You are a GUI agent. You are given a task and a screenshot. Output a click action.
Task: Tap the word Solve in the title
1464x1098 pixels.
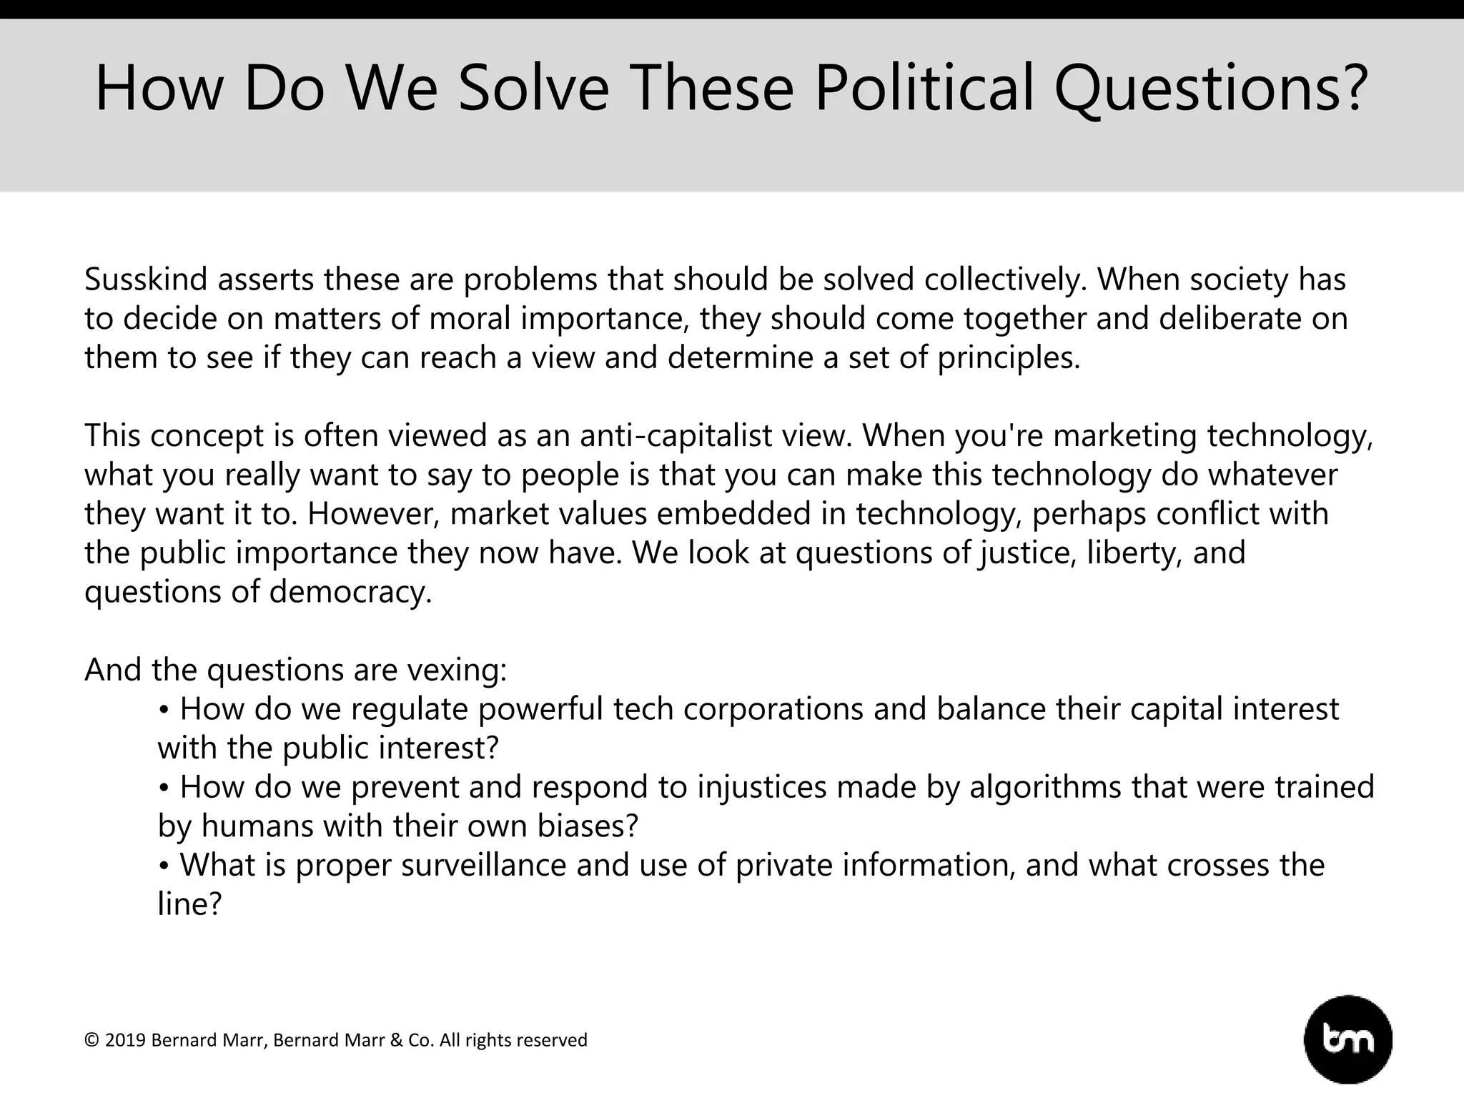pos(533,89)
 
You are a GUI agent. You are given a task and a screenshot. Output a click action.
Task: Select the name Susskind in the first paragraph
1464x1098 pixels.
pos(146,280)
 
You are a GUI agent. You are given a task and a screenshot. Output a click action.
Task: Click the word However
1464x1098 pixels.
pos(372,513)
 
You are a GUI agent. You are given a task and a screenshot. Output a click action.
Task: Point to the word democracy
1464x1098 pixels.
pos(350,592)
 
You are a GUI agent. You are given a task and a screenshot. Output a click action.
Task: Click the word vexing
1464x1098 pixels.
pos(457,670)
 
